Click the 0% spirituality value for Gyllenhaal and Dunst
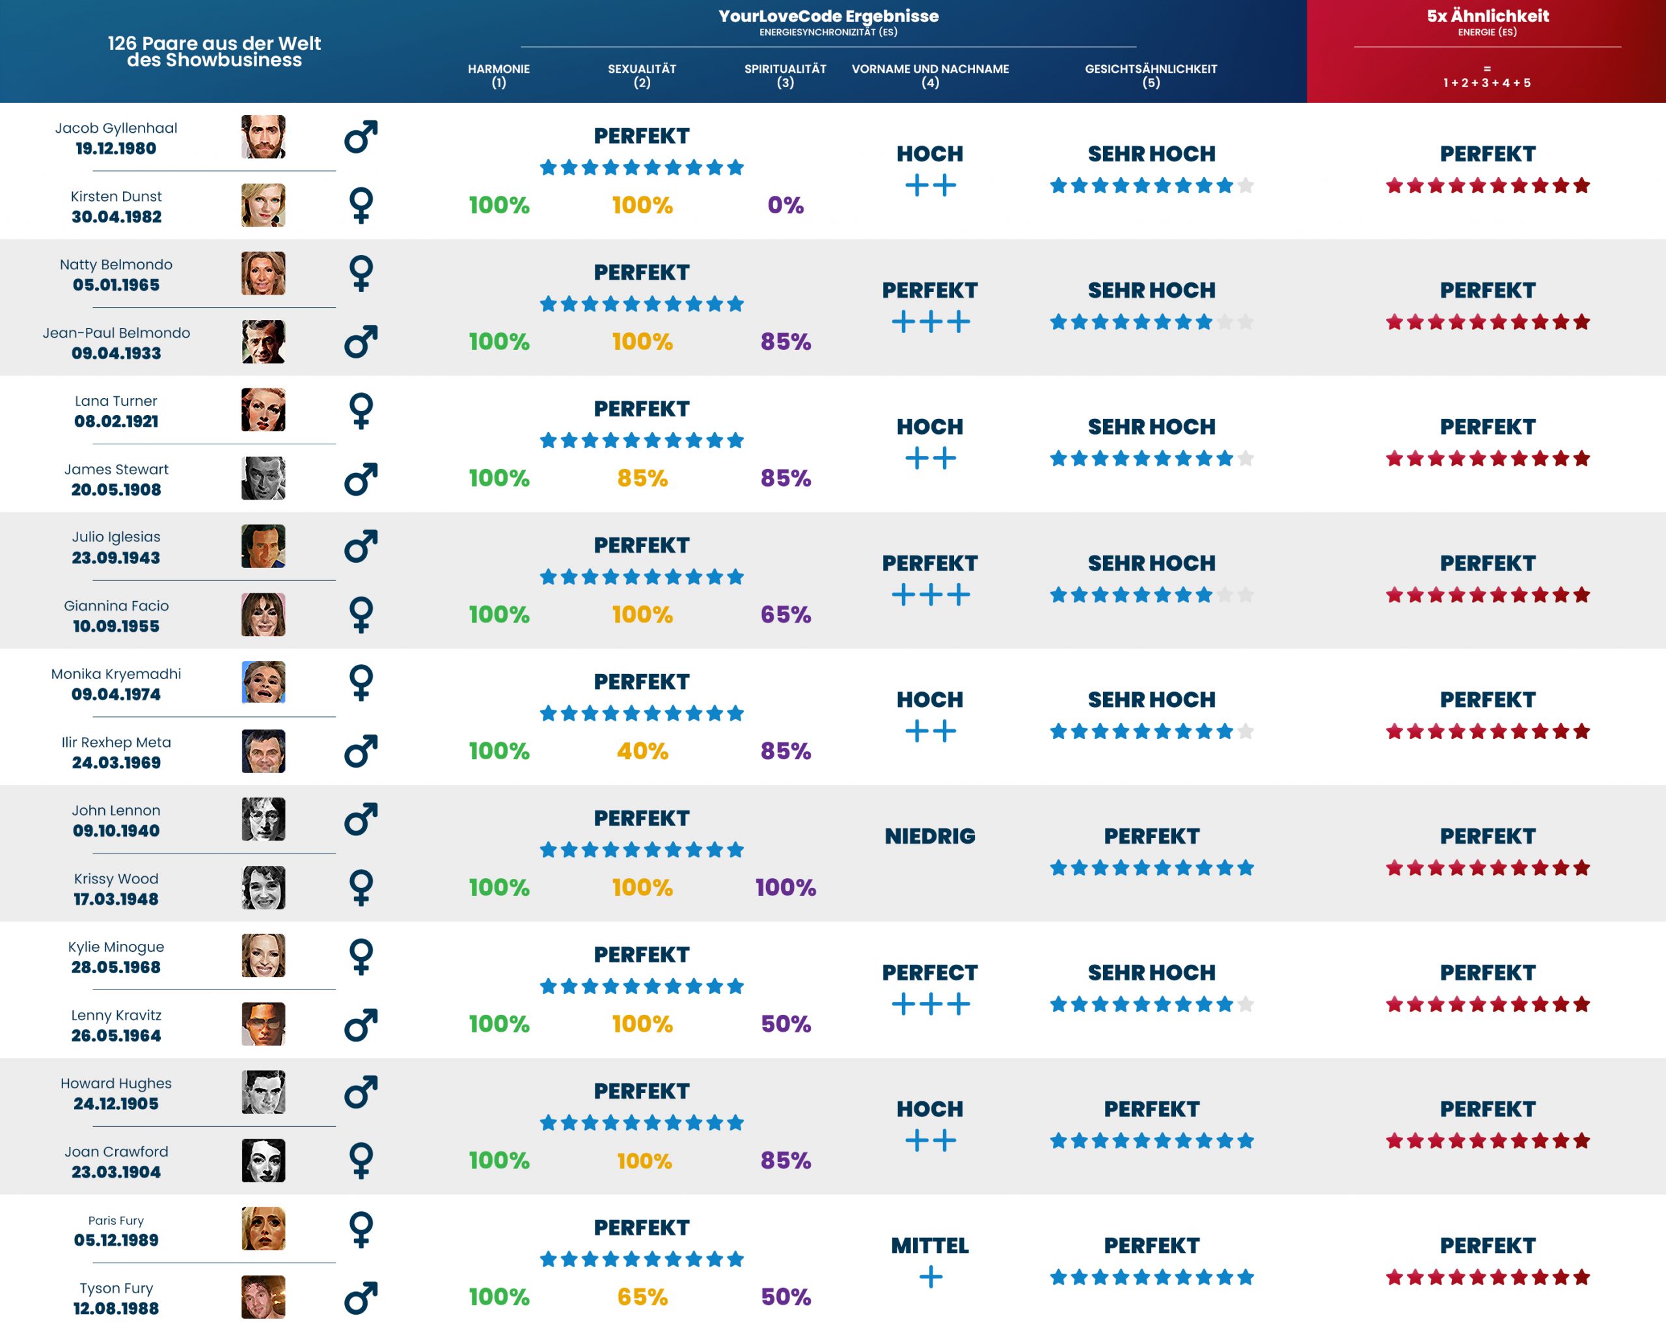tap(785, 206)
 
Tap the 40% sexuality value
tap(642, 751)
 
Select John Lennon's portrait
tap(263, 819)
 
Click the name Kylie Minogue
tap(116, 947)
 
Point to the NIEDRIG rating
tap(929, 836)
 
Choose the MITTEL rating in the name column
tap(929, 1245)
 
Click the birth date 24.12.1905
tap(116, 1104)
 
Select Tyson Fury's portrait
tap(263, 1297)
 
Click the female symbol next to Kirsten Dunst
tap(361, 206)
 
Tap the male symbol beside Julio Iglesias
tap(361, 546)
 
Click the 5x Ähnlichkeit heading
tap(1488, 16)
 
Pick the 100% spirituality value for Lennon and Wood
tap(785, 887)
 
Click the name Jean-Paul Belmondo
tap(116, 333)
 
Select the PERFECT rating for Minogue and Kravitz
tap(929, 973)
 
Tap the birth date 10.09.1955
tap(116, 626)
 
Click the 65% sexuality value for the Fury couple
tap(642, 1297)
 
